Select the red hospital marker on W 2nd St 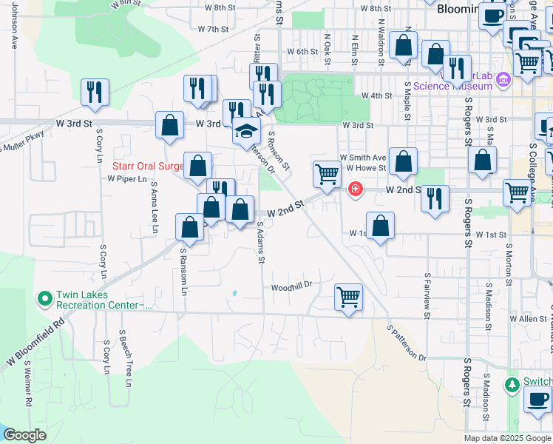[356, 190]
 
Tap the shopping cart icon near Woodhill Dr [348, 297]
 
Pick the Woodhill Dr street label [293, 286]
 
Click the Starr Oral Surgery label [148, 166]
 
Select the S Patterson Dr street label [407, 341]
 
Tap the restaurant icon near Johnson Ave [95, 92]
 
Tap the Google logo [25, 435]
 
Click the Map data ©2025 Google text [506, 438]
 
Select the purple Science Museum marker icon [503, 78]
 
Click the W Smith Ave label [363, 158]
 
